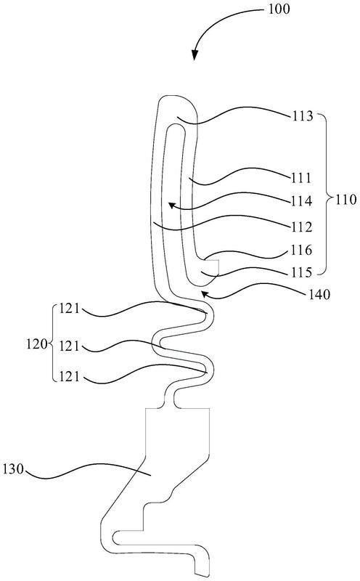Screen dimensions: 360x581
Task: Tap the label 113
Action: (302, 116)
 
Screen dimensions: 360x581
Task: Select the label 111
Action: (300, 178)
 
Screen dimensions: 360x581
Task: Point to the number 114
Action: (301, 201)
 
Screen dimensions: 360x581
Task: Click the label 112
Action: (301, 227)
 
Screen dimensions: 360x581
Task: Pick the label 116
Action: (301, 250)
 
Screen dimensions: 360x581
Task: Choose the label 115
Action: (301, 273)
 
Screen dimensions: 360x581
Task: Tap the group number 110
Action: (345, 200)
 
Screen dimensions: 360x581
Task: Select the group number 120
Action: (37, 344)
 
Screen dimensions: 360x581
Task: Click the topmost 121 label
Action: (69, 309)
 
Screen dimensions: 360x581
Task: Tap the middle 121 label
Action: (69, 346)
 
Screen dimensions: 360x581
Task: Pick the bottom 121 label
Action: (69, 377)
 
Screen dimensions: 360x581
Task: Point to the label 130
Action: (13, 469)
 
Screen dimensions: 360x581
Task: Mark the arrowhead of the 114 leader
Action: (171, 205)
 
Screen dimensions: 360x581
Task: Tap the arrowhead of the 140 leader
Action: (204, 294)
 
